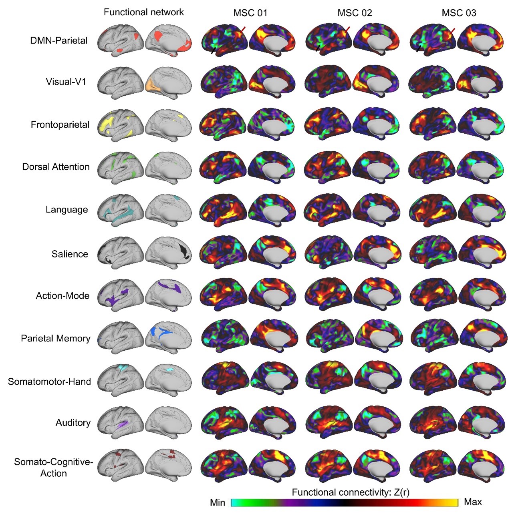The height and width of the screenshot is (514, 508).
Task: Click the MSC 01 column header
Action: tap(250, 13)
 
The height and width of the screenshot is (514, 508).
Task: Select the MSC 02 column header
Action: tap(355, 13)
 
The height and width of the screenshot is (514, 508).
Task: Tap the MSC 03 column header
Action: tap(459, 13)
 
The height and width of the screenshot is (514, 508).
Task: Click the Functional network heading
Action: tap(143, 12)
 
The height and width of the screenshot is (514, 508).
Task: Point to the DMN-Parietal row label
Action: tap(59, 40)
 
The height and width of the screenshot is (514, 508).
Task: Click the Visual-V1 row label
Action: tap(66, 82)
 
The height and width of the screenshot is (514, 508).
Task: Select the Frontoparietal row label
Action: tap(60, 124)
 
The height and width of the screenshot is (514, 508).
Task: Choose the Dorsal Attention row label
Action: tap(56, 167)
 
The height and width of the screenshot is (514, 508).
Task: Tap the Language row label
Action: tap(67, 210)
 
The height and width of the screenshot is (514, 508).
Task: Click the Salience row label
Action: tap(70, 254)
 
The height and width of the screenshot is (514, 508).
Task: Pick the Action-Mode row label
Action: tap(62, 296)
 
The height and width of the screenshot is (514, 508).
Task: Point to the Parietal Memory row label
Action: tap(56, 339)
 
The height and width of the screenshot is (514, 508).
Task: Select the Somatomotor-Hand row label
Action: tap(49, 382)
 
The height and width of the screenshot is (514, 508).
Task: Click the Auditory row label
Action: tap(73, 423)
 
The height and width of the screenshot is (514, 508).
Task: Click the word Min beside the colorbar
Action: tap(218, 502)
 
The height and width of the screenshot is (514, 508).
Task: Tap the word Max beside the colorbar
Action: tap(473, 502)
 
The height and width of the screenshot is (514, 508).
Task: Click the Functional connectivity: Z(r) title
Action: tap(351, 492)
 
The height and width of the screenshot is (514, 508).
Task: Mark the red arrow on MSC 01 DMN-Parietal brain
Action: tap(243, 30)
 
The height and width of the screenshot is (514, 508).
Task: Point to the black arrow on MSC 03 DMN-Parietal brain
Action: tap(419, 48)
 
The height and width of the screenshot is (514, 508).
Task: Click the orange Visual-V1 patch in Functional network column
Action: tap(152, 85)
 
